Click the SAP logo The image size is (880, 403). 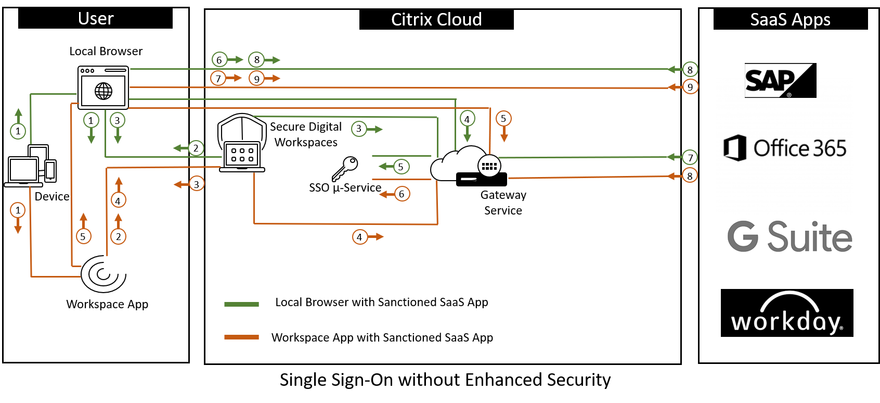tap(780, 80)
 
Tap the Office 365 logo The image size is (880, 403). tap(785, 148)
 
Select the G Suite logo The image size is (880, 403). tap(790, 236)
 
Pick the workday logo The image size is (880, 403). tap(787, 313)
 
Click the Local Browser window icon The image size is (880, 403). tap(103, 87)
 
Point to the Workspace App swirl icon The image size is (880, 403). tap(103, 274)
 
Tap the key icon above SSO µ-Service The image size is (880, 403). tap(345, 168)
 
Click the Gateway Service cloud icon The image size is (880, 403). tap(468, 166)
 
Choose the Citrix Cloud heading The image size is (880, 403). tap(436, 19)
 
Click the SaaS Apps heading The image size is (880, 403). tap(790, 19)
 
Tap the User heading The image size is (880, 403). tap(96, 18)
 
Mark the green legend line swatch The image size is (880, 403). tap(241, 304)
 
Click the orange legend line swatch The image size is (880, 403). tap(241, 337)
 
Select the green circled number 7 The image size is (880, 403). tap(690, 157)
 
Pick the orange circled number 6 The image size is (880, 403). tap(402, 194)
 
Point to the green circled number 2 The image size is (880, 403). tap(196, 148)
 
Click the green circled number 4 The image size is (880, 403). tap(467, 119)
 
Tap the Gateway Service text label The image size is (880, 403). tap(503, 203)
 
